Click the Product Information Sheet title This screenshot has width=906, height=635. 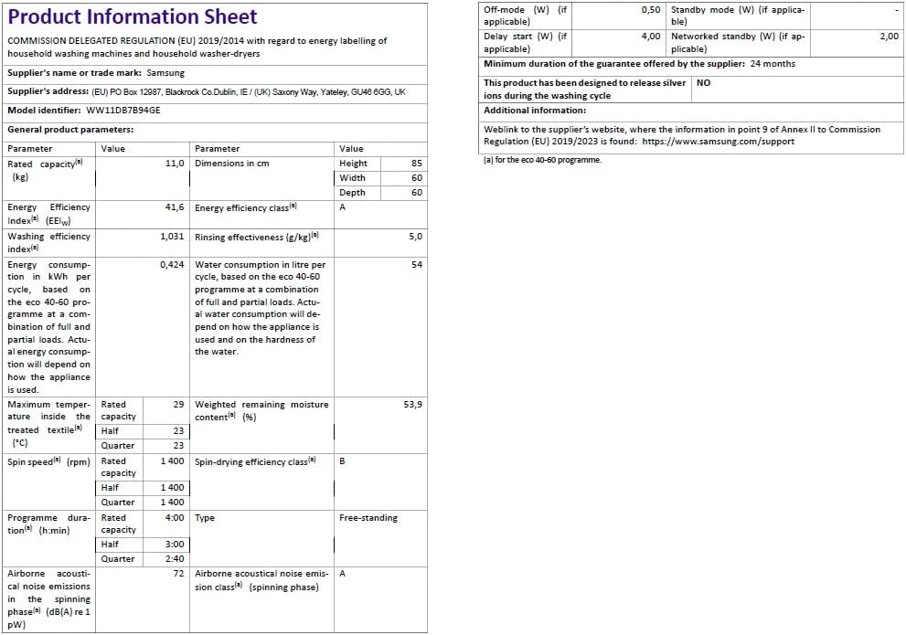click(x=133, y=17)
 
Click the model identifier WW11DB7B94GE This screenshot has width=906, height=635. click(x=122, y=110)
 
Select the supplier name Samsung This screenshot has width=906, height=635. click(x=165, y=72)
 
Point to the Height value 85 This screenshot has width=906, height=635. click(x=416, y=164)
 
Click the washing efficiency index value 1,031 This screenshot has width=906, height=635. click(x=172, y=237)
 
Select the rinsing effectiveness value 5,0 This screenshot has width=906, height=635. click(x=415, y=237)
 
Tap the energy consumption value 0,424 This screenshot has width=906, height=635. click(x=172, y=265)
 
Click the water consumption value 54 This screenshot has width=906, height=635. click(x=417, y=265)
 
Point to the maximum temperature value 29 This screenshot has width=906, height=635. click(x=178, y=404)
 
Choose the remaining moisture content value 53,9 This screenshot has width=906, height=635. click(x=412, y=404)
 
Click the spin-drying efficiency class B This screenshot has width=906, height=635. click(x=342, y=461)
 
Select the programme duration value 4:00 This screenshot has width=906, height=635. click(x=174, y=518)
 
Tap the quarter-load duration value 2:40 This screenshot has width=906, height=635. click(x=174, y=559)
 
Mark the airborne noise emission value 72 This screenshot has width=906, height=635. click(x=178, y=574)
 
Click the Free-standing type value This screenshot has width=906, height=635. click(x=368, y=518)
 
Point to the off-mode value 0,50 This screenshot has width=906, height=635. click(x=650, y=9)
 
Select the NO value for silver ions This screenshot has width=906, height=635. click(x=703, y=82)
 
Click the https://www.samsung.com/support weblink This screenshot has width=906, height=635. click(x=718, y=142)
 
